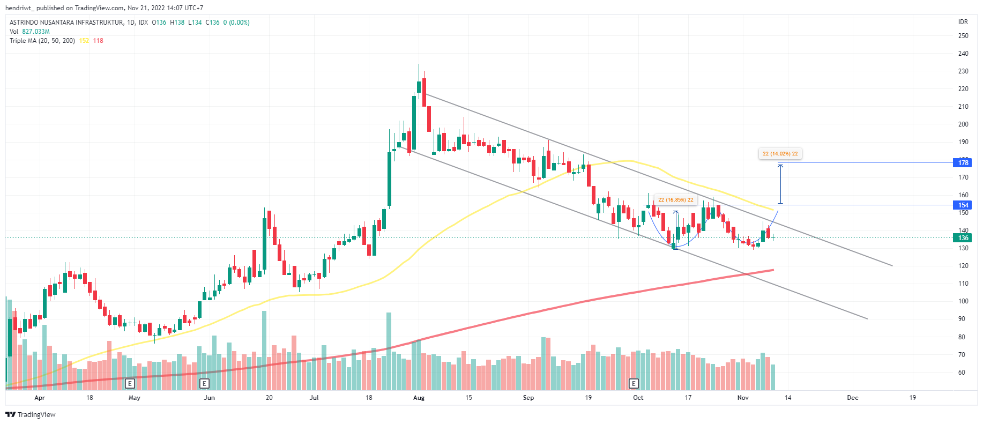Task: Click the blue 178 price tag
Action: (x=963, y=163)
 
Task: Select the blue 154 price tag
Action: (x=963, y=205)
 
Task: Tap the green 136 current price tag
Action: (x=963, y=238)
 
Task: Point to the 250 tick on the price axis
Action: (x=963, y=36)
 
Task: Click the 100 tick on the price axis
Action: (x=963, y=301)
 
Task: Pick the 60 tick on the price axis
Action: (x=962, y=373)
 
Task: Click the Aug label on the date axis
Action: (x=419, y=398)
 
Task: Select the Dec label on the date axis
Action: (x=852, y=398)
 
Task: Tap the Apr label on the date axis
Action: (x=39, y=398)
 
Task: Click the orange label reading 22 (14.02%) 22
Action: (x=780, y=154)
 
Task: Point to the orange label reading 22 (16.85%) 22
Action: (x=675, y=200)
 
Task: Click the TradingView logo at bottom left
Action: (x=31, y=414)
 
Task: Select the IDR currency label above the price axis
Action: (x=963, y=22)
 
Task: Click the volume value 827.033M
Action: (x=36, y=32)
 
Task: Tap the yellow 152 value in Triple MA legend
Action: (x=84, y=41)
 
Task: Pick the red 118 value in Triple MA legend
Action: (x=98, y=41)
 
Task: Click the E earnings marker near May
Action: (x=129, y=383)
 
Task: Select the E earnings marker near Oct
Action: (x=634, y=383)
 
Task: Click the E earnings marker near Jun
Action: (x=204, y=383)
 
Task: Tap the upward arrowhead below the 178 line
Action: (x=780, y=166)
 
